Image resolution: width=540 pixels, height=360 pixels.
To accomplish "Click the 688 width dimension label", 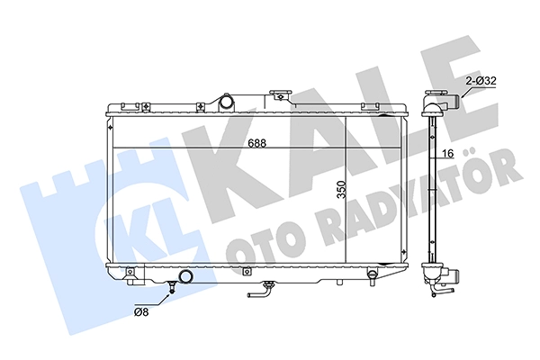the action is pos(257,143).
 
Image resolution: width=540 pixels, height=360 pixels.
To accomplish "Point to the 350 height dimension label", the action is pos(341,189).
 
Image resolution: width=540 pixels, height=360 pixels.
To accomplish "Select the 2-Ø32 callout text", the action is pos(481,81).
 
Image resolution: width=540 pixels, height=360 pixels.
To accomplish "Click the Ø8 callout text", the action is pos(141,312).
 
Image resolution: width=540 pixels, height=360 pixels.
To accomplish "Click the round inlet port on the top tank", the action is pos(228,102).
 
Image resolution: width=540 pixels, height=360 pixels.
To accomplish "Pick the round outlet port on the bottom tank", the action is pos(186,276).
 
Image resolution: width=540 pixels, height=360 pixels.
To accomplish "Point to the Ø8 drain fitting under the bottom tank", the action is pos(172,287).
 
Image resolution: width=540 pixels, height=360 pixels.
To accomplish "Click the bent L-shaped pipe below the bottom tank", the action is pos(261,290).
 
